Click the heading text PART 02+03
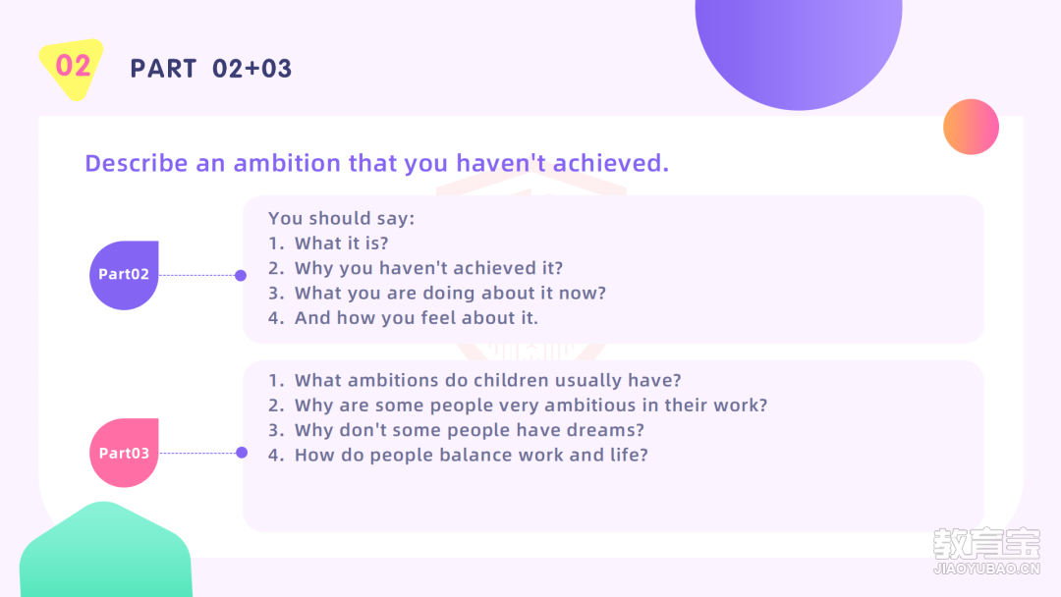click(x=211, y=69)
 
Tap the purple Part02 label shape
click(x=124, y=275)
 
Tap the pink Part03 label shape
click(x=124, y=453)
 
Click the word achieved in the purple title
click(x=610, y=163)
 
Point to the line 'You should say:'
click(x=341, y=218)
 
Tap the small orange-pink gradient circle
click(x=971, y=127)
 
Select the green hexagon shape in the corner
click(x=105, y=551)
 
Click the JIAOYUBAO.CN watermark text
click(x=986, y=569)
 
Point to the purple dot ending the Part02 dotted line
click(x=241, y=275)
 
